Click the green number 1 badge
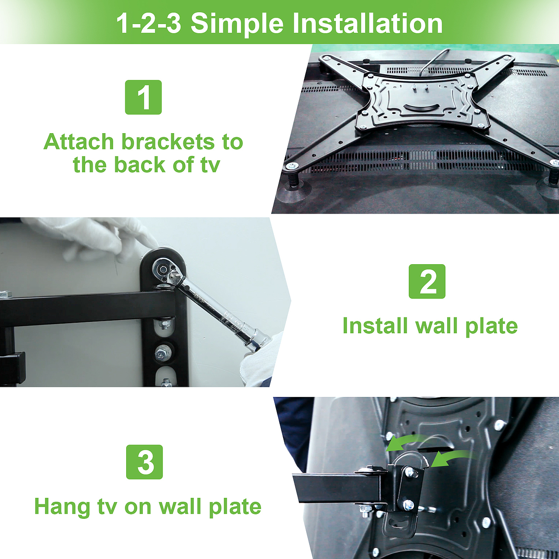pos(143,97)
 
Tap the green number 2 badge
pos(427,281)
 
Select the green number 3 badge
pos(145,462)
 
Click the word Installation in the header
pos(367,23)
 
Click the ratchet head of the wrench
pos(162,269)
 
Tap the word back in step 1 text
pos(140,165)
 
